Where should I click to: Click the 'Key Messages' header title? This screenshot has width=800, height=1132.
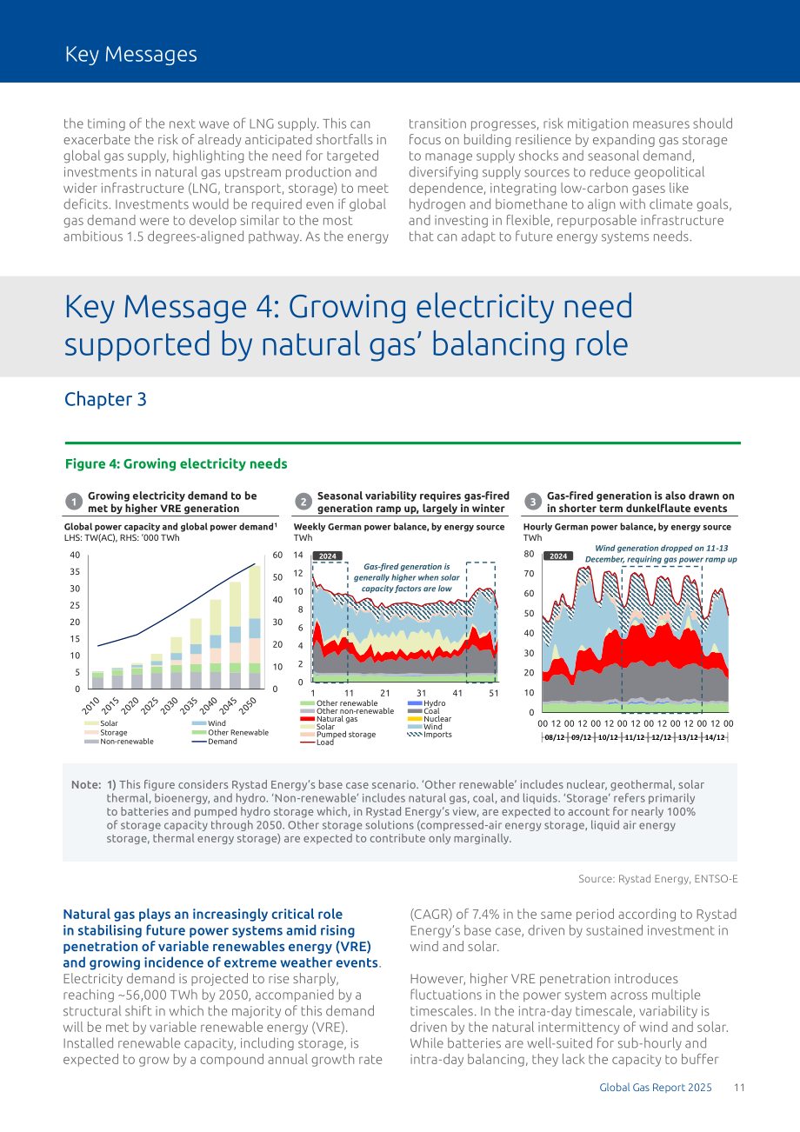(x=131, y=54)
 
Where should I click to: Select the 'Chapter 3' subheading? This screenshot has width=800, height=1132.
(x=105, y=399)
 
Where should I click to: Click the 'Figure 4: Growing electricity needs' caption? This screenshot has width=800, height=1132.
(x=176, y=464)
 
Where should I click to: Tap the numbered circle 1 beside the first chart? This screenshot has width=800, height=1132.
(x=74, y=502)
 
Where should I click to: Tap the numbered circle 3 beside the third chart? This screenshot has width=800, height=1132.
(x=533, y=502)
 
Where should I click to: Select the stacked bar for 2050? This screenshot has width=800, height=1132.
(x=255, y=627)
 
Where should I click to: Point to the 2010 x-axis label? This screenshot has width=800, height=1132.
(x=91, y=705)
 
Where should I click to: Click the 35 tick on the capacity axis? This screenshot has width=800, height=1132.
(x=75, y=571)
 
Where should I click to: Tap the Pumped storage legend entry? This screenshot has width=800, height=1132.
(x=338, y=735)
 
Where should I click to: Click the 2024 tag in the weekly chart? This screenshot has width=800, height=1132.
(x=328, y=556)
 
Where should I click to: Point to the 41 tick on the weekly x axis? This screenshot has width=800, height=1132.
(x=457, y=693)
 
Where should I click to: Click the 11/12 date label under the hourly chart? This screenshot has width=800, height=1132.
(x=634, y=737)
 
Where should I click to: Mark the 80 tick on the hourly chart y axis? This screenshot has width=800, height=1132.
(x=529, y=554)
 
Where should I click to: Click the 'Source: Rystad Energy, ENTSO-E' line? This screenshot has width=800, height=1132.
(x=658, y=879)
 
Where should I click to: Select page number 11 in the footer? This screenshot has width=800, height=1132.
(x=739, y=1088)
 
